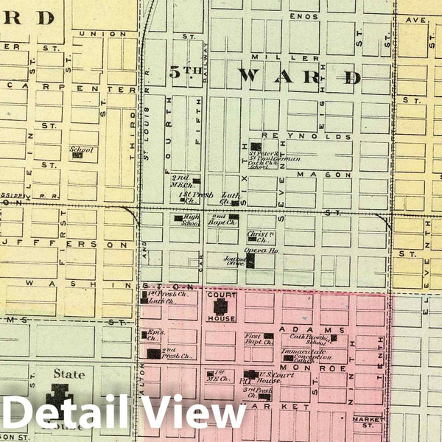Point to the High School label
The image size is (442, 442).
[192, 219]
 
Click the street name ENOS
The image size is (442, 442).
[304, 16]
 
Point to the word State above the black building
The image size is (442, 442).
[69, 374]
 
